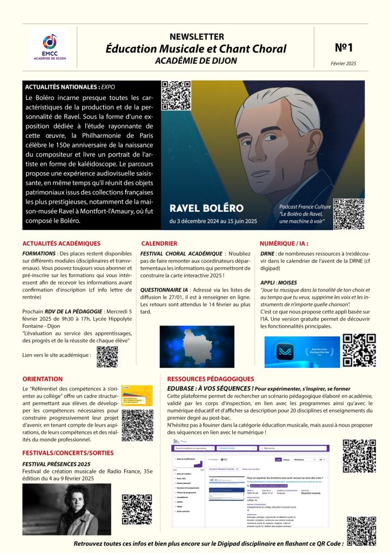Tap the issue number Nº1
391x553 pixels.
click(x=343, y=48)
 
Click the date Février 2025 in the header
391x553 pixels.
click(x=343, y=64)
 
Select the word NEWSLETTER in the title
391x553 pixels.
click(x=197, y=37)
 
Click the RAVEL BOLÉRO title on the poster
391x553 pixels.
click(x=206, y=208)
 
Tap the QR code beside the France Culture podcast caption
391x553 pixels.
click(x=349, y=214)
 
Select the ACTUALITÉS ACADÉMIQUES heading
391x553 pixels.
click(x=62, y=244)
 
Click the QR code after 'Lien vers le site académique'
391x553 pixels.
click(x=107, y=356)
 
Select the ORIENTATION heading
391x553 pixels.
click(x=43, y=379)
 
